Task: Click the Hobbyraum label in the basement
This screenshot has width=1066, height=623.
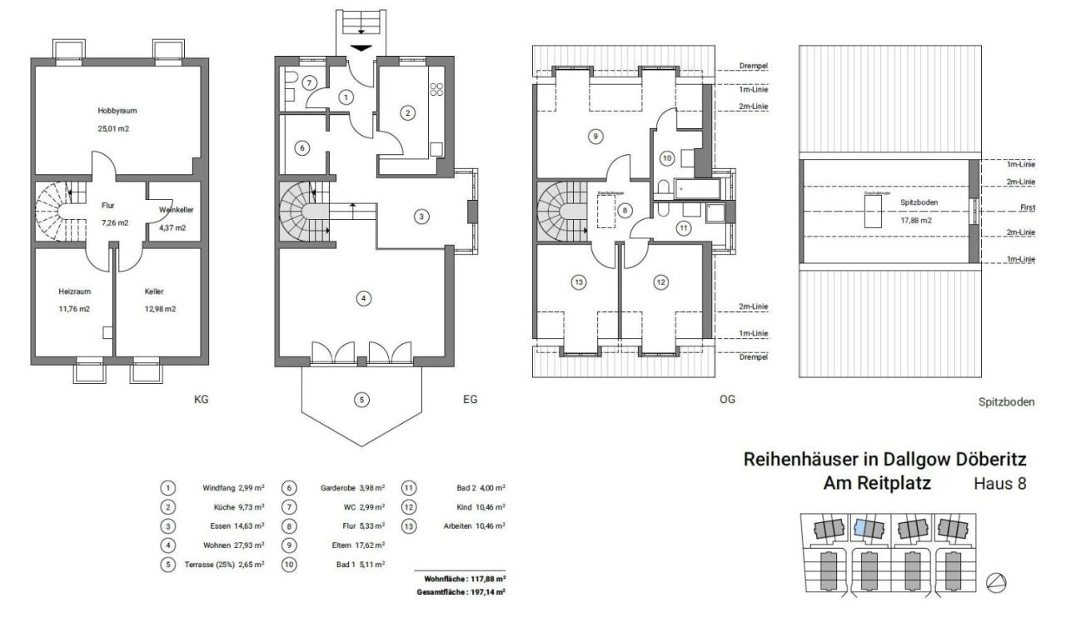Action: (x=117, y=110)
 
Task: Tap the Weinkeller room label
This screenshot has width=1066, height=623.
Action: (x=176, y=211)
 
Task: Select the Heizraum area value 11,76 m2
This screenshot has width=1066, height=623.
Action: (x=74, y=309)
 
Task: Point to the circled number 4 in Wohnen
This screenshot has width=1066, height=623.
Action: (x=363, y=297)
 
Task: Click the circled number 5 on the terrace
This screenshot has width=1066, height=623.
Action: (x=361, y=400)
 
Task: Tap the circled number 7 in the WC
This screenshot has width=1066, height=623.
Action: (x=308, y=82)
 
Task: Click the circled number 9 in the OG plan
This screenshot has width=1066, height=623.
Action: (x=594, y=136)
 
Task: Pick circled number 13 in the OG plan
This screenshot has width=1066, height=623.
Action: (x=579, y=282)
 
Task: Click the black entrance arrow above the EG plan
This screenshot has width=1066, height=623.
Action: (x=361, y=47)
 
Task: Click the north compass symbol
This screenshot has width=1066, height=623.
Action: (x=995, y=583)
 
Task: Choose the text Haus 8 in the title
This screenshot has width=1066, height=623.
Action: (x=999, y=483)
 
